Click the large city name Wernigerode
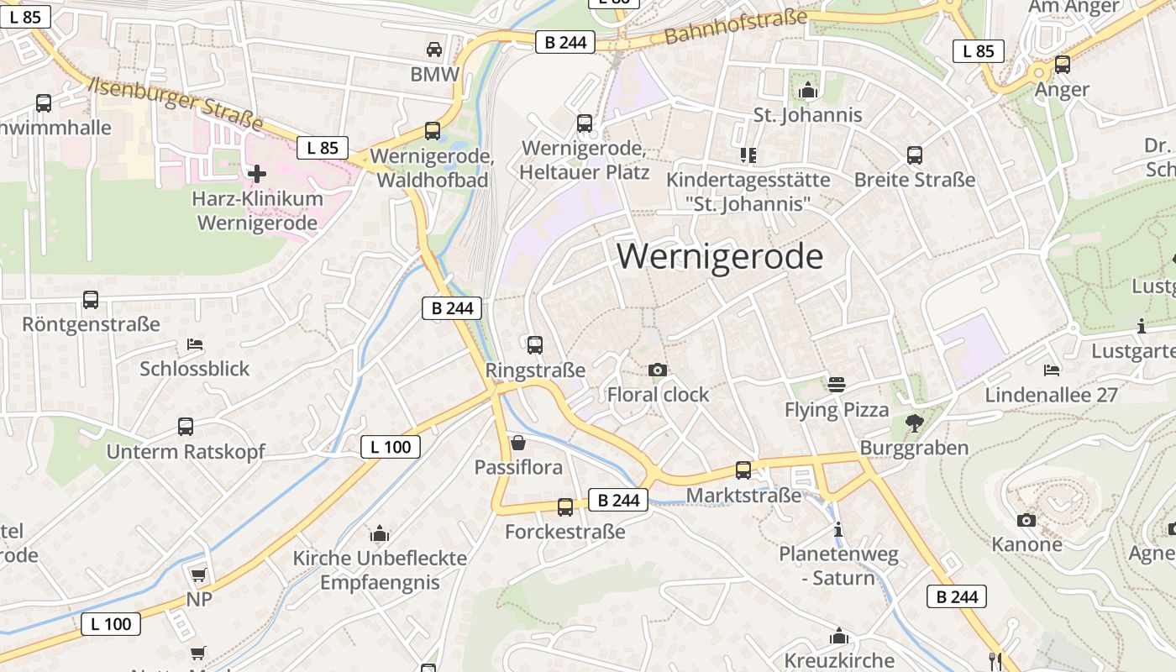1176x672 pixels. (720, 256)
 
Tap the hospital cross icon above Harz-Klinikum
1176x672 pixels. (257, 174)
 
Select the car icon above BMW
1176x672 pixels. (434, 50)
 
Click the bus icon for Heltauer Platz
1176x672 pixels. (585, 123)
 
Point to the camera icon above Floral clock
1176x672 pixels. (658, 370)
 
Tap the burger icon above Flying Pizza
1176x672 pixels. (836, 385)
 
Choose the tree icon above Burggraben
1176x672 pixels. (915, 423)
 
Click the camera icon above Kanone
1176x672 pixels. (1026, 520)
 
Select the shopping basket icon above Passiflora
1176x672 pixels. (518, 443)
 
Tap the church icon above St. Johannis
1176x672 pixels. (808, 90)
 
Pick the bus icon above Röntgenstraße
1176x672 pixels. (91, 299)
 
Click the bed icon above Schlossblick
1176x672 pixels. (195, 344)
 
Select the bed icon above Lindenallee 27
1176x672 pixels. (1051, 370)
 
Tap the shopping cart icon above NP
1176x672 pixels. (198, 575)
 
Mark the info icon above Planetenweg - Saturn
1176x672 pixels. (837, 530)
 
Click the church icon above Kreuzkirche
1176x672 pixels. (838, 636)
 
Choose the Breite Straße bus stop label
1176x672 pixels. (915, 180)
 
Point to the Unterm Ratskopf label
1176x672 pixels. (185, 452)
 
